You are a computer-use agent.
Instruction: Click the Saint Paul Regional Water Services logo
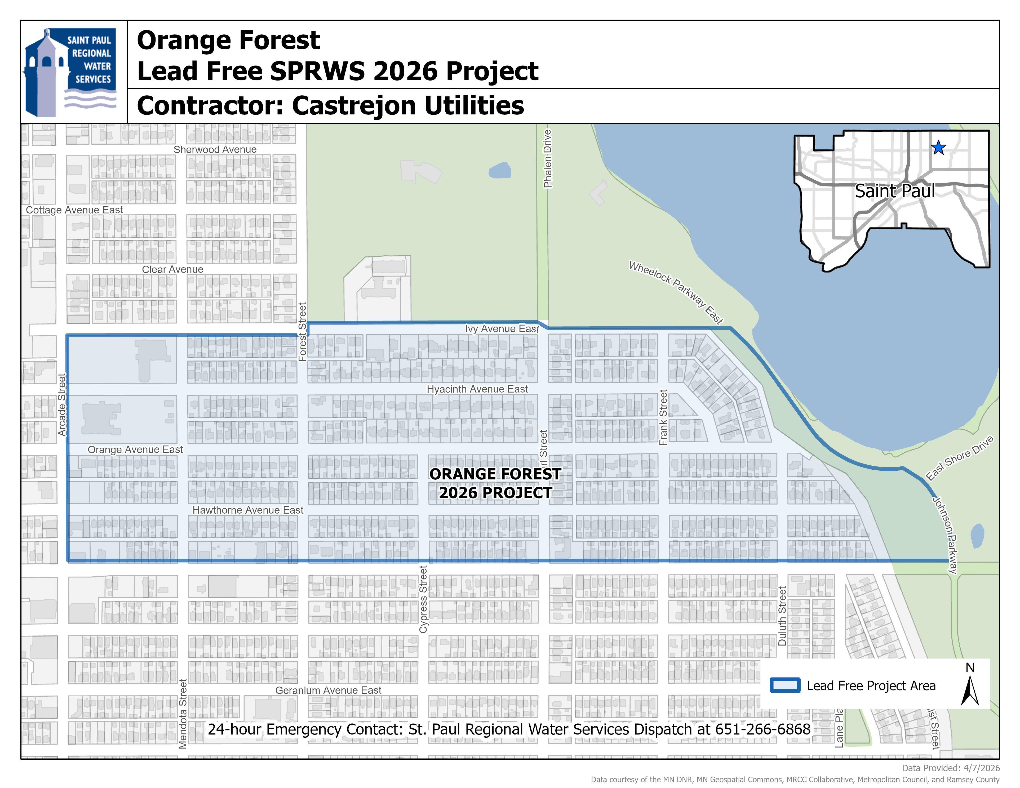[x=71, y=72]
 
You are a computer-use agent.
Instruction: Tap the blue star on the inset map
[x=938, y=148]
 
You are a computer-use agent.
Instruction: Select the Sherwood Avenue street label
[x=215, y=149]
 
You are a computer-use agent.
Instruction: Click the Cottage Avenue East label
[x=74, y=210]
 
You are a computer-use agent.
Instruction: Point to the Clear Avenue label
[x=172, y=269]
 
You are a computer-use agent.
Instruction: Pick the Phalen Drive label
[x=547, y=159]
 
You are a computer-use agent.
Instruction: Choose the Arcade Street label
[x=62, y=405]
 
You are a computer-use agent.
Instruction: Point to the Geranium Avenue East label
[x=328, y=690]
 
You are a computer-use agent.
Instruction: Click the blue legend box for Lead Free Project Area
[x=785, y=685]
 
